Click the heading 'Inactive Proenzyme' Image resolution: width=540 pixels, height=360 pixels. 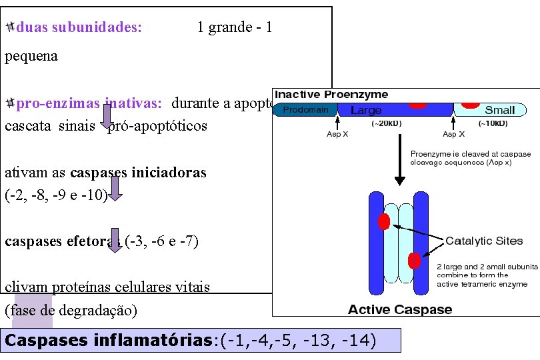point(331,95)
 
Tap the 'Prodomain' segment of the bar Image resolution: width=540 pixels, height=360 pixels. point(306,110)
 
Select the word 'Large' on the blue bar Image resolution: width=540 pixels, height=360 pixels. point(366,111)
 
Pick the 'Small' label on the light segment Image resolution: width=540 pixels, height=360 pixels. point(500,111)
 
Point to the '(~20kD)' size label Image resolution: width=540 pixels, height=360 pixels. point(385,123)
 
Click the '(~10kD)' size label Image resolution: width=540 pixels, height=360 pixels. point(493,123)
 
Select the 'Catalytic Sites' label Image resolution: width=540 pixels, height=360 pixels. point(484,241)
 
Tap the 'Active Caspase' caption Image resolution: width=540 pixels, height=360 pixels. point(400,309)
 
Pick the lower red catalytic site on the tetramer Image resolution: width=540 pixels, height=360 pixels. point(414,260)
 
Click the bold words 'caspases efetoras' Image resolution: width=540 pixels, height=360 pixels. point(63,241)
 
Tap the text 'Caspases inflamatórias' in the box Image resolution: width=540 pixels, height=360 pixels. point(108,340)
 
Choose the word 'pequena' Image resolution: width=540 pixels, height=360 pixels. point(31,56)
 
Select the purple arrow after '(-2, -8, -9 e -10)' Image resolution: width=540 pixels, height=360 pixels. point(115,188)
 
